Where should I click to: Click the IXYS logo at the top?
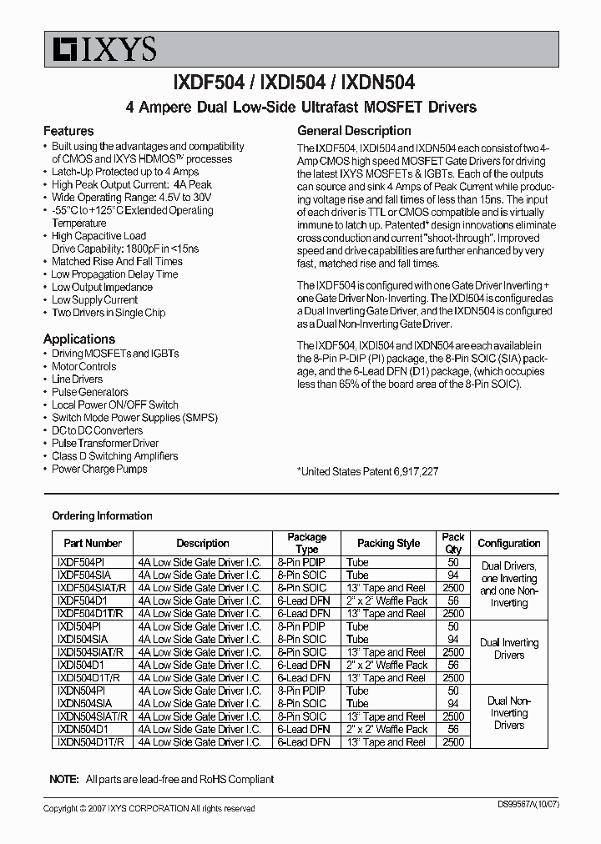[x=99, y=50]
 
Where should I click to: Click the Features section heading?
[x=68, y=131]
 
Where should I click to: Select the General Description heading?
[x=354, y=131]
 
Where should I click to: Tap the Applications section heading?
[x=79, y=339]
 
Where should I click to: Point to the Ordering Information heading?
[x=102, y=515]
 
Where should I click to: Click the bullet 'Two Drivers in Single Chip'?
[x=109, y=313]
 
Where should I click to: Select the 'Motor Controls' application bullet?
[x=84, y=366]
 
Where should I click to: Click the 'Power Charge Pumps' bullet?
[x=99, y=469]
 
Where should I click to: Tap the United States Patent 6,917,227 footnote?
[x=368, y=471]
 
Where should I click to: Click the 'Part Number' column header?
[x=93, y=543]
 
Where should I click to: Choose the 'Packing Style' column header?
[x=388, y=543]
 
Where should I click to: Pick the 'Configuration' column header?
[x=508, y=543]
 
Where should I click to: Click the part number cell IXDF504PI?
[x=78, y=562]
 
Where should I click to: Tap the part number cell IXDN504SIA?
[x=83, y=703]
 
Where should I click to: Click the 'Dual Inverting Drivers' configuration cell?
[x=508, y=649]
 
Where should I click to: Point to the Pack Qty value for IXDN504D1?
[x=453, y=729]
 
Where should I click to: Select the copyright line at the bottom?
[x=149, y=808]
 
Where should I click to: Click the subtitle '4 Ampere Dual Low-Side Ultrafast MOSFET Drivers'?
[x=300, y=107]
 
